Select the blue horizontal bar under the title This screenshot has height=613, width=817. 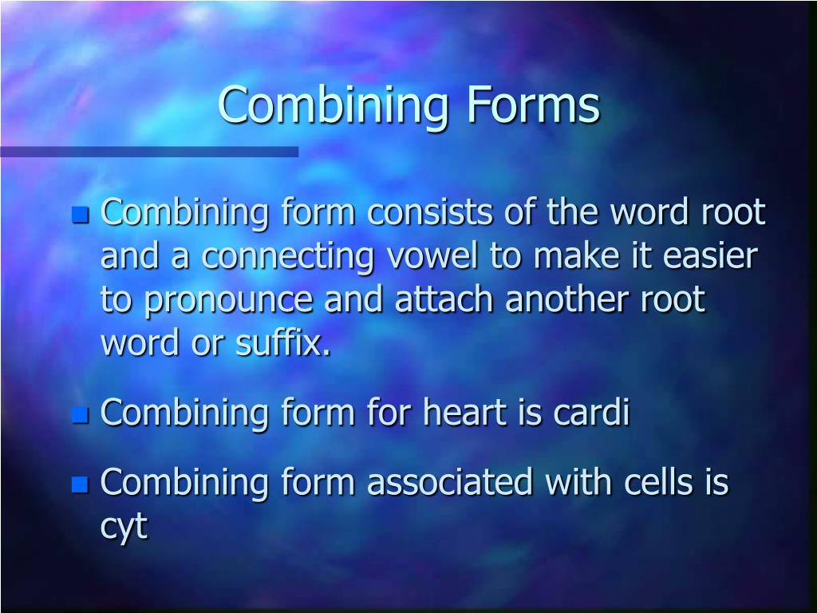click(149, 152)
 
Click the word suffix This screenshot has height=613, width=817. click(284, 345)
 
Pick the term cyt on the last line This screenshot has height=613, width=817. click(124, 527)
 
